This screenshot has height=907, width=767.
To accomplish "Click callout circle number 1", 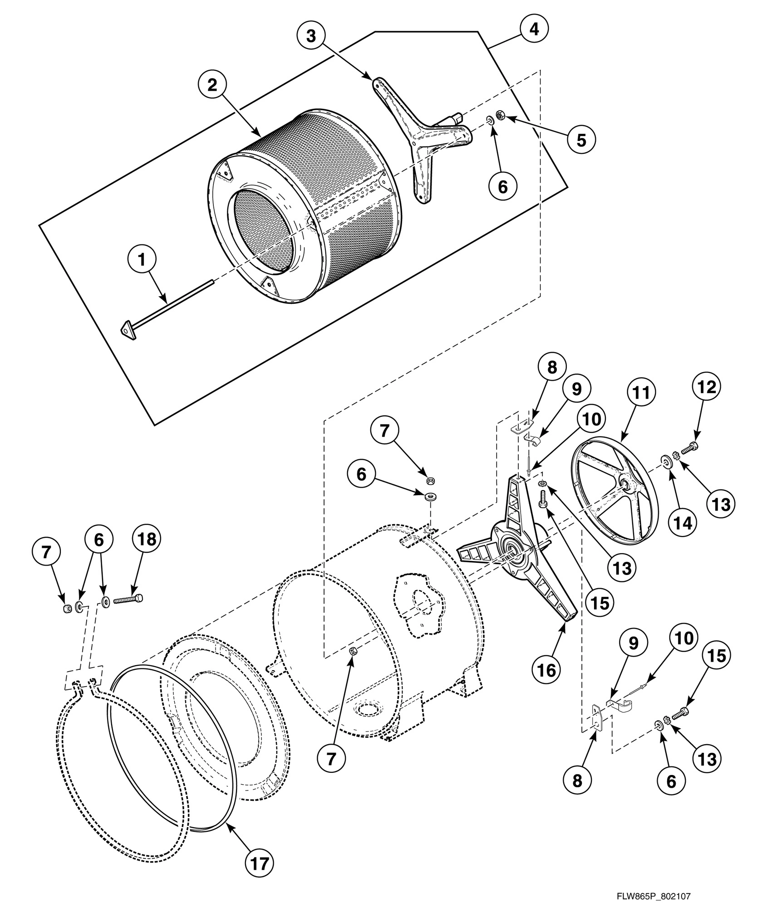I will [x=142, y=260].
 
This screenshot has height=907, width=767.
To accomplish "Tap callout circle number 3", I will [x=310, y=36].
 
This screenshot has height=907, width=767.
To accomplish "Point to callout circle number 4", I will [x=534, y=29].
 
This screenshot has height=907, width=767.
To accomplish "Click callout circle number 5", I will [x=581, y=140].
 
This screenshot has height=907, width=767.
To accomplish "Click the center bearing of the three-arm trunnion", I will [x=513, y=552].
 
